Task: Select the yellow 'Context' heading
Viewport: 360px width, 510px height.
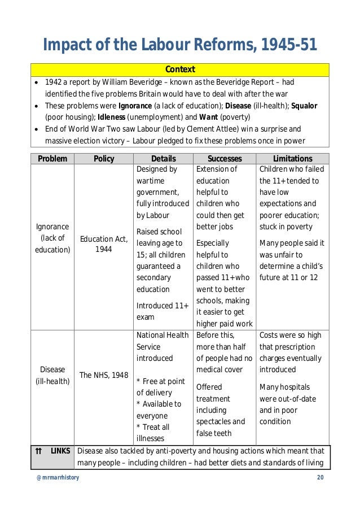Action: point(180,69)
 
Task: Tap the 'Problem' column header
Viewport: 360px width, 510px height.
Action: point(52,159)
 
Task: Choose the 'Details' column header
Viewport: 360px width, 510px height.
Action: point(163,159)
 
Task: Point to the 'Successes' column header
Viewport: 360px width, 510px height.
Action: point(225,159)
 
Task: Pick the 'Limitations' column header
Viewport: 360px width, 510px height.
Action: point(292,159)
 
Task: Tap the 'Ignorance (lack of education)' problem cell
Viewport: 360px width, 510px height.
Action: point(52,238)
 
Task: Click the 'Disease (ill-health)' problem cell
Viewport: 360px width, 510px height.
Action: point(52,375)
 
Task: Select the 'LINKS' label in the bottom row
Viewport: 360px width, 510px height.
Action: point(60,451)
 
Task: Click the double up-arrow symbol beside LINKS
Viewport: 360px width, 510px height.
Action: point(38,451)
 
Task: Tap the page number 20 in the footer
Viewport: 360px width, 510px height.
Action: point(321,478)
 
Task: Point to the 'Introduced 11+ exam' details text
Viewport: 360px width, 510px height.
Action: point(163,311)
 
